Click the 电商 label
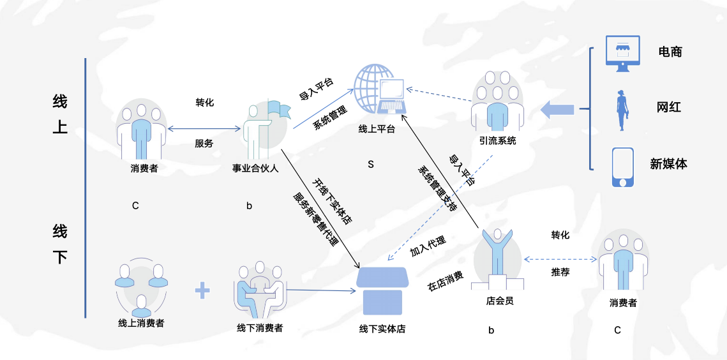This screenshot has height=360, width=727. pos(670,52)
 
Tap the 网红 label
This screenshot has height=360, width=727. pos(669,107)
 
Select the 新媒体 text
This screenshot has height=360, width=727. pos(668,163)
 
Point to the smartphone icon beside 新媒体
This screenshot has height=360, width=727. pos(622,167)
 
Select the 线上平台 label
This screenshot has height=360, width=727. pos(377,130)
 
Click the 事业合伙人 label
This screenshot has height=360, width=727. pos(255,169)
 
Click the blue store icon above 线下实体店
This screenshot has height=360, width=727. pos(382,291)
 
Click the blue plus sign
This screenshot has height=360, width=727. pos(202,290)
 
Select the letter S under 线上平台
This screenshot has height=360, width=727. pos(370,165)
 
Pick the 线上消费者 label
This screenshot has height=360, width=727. pos(141,323)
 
